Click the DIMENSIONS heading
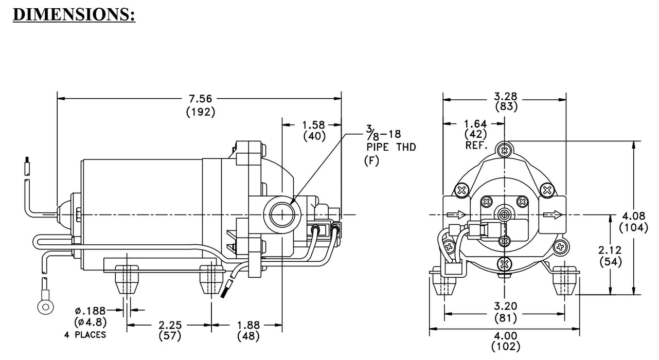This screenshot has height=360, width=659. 74,14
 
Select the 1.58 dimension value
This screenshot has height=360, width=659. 313,125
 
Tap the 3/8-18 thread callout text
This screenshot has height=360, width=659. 384,135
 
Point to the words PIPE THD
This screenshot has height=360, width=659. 391,147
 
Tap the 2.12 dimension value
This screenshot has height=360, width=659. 611,250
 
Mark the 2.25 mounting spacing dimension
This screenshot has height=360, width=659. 170,325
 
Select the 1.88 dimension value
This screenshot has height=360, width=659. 248,325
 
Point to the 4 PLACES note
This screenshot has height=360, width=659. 85,335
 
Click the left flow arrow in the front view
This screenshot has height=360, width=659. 456,214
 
